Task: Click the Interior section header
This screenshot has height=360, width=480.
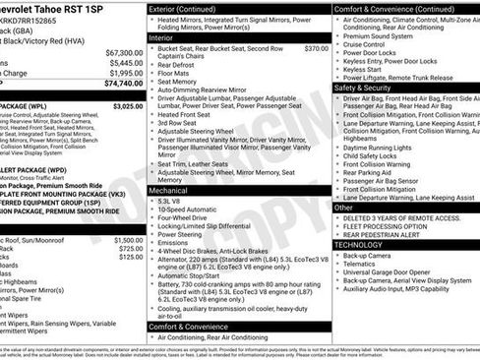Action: [161, 37]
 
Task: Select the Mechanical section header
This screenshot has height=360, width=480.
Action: [169, 190]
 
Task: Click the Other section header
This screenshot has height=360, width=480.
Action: [344, 208]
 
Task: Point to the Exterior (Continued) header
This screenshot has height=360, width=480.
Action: [189, 8]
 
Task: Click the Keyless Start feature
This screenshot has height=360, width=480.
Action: [364, 68]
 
